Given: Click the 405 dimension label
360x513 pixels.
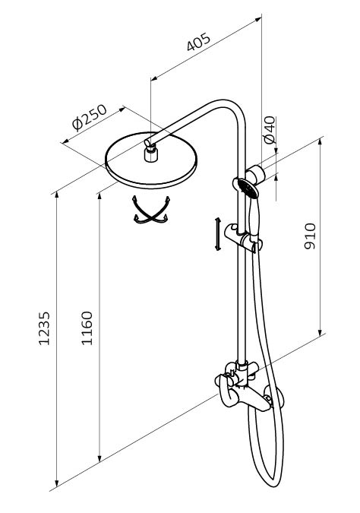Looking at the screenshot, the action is [199, 43].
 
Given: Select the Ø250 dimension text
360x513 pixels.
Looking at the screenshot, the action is [90, 117].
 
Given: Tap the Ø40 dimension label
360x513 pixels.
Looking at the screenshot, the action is [270, 130].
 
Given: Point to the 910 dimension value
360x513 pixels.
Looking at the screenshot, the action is [310, 236].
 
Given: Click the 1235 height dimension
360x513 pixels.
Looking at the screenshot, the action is [44, 328].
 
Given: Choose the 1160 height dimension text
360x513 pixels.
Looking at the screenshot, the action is [87, 328].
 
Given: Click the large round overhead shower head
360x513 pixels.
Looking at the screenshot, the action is [151, 160].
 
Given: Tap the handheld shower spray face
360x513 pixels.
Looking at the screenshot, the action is [248, 188].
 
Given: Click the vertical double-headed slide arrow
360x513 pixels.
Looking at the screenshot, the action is [217, 234].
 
